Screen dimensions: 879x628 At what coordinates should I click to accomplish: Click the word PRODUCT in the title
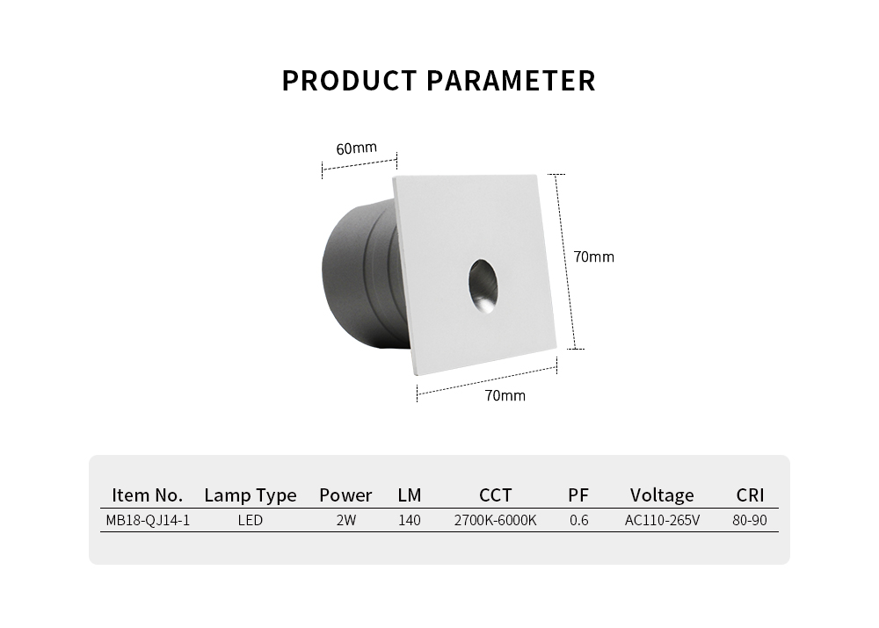(x=349, y=81)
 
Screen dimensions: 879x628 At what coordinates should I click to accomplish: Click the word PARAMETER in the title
(x=511, y=81)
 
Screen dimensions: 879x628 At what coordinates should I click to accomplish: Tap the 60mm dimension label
(x=357, y=148)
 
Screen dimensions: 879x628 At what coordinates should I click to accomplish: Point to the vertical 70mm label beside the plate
(x=593, y=257)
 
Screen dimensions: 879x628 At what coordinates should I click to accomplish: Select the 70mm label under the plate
(x=505, y=395)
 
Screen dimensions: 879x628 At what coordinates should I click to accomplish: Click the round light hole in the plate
(x=482, y=285)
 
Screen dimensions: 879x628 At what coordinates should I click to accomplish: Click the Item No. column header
(x=148, y=494)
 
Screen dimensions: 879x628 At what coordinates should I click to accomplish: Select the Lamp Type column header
(x=250, y=495)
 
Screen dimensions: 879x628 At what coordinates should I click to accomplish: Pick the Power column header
(x=345, y=495)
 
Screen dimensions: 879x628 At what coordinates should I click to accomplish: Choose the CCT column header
(x=496, y=495)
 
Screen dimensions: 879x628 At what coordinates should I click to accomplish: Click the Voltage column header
(x=662, y=495)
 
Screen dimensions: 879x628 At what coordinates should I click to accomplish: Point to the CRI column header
(x=750, y=495)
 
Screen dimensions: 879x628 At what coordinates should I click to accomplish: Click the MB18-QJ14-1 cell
(x=148, y=521)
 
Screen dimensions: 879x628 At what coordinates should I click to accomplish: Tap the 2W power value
(x=345, y=521)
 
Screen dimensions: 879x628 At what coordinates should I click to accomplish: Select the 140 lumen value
(x=410, y=521)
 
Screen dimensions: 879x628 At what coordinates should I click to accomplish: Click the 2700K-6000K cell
(x=495, y=521)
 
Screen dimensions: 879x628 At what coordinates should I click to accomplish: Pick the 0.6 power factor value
(x=579, y=521)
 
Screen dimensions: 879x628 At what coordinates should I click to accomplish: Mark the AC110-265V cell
(x=662, y=521)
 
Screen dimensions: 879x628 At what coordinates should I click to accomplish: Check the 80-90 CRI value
(x=750, y=521)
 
